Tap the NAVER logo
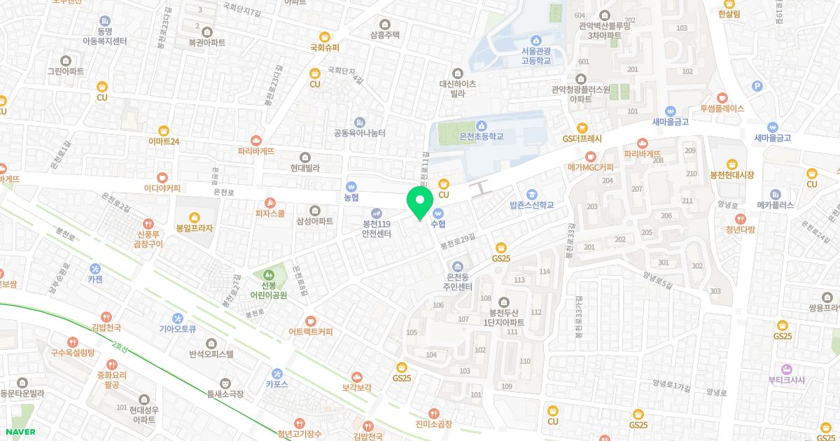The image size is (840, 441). click(x=18, y=432)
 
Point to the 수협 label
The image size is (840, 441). click(x=439, y=223)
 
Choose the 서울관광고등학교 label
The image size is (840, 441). click(x=536, y=56)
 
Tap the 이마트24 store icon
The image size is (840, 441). click(x=164, y=130)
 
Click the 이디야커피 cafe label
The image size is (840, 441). click(x=162, y=188)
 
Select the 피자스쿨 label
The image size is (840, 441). click(x=270, y=213)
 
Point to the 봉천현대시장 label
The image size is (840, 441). click(x=731, y=174)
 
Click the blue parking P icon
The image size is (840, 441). click(x=756, y=86)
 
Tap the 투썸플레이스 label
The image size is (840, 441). click(x=722, y=108)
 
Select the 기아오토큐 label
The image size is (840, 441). click(x=177, y=328)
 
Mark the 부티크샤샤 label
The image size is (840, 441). click(x=786, y=380)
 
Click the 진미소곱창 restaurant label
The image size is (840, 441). click(x=434, y=424)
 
